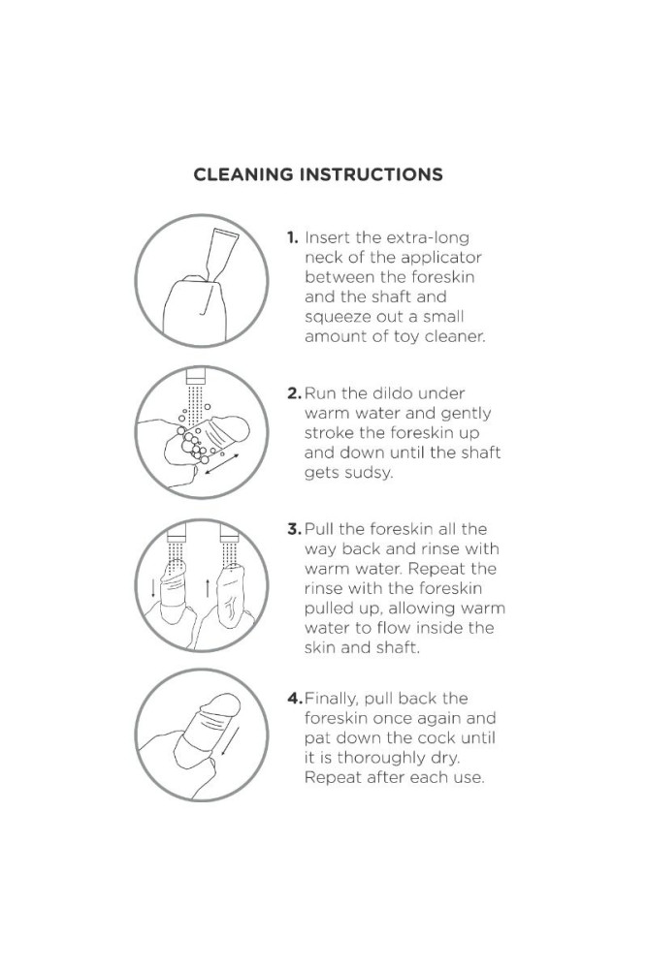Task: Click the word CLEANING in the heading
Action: click(243, 174)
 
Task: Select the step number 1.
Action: click(293, 238)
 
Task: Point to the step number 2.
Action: click(295, 393)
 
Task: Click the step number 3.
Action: click(295, 530)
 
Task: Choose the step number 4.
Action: click(295, 699)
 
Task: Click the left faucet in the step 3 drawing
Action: click(177, 534)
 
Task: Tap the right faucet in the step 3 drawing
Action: click(229, 534)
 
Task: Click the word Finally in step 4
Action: click(332, 700)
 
